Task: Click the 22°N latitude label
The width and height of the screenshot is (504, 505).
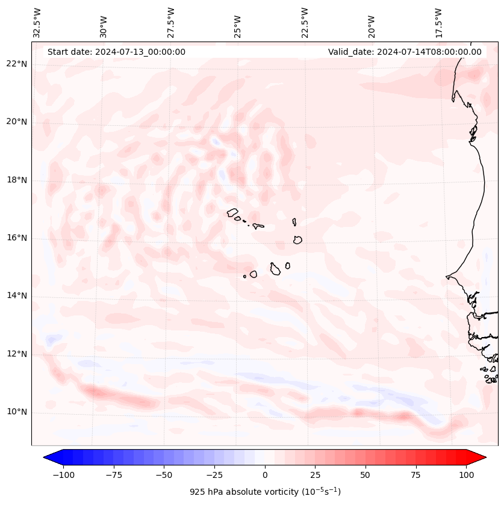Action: tap(17, 64)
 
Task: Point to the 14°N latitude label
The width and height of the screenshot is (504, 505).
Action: tap(17, 296)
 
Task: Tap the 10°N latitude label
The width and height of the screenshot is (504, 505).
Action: tap(17, 412)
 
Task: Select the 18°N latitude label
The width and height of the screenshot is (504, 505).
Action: tap(17, 180)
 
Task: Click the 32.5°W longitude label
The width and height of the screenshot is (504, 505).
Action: tap(37, 23)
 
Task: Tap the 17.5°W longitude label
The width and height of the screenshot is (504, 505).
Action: tap(439, 23)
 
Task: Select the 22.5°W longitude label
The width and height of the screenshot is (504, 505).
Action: tap(305, 23)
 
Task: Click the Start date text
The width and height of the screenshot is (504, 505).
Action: tap(116, 52)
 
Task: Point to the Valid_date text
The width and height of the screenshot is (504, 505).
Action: tap(405, 52)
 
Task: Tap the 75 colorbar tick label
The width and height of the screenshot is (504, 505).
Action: tap(416, 474)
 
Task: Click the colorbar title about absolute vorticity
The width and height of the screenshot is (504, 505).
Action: tap(265, 492)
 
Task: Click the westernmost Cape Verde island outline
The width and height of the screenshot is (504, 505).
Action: tap(232, 212)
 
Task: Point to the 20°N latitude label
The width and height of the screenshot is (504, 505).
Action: tap(17, 122)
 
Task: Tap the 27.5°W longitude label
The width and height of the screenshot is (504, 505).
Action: tap(171, 23)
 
